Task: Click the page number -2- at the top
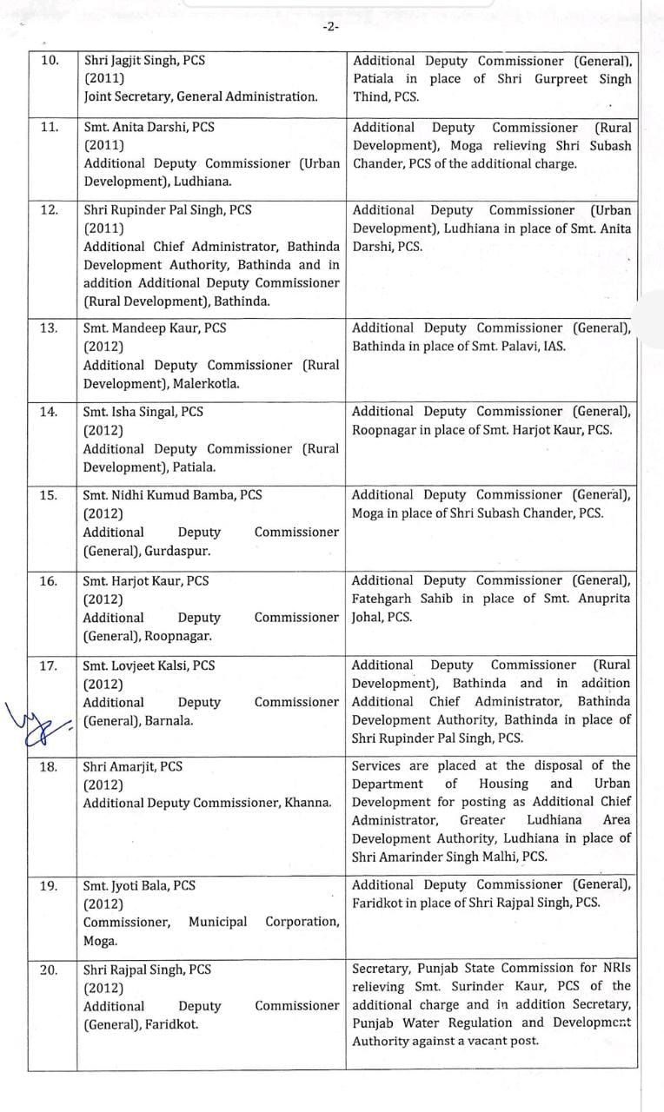[330, 27]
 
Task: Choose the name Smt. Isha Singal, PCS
[143, 411]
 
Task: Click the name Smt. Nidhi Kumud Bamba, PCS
[172, 494]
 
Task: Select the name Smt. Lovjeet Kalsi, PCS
[149, 665]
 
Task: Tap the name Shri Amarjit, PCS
[132, 766]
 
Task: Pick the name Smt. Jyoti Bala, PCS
[139, 885]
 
